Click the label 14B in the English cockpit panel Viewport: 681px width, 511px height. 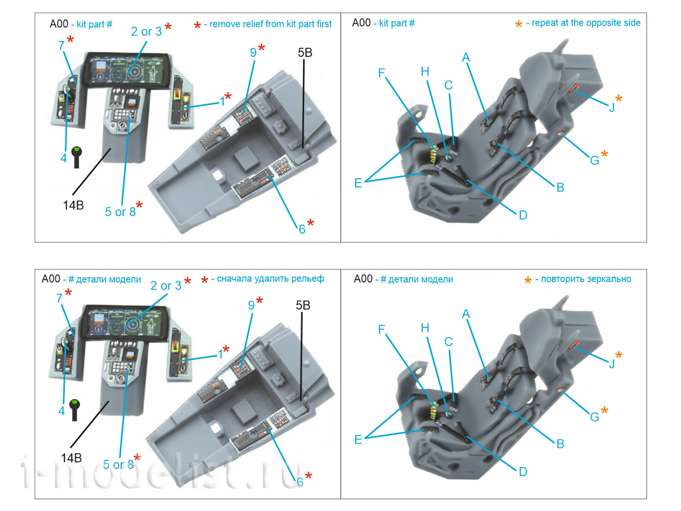[x=73, y=205]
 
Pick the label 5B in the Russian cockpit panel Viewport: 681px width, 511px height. [x=303, y=305]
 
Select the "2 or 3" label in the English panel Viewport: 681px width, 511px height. [x=146, y=32]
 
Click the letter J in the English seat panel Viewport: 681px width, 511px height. [x=612, y=107]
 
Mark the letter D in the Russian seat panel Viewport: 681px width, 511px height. [x=523, y=471]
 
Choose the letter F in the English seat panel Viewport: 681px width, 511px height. [x=381, y=73]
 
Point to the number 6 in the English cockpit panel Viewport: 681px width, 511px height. [x=302, y=229]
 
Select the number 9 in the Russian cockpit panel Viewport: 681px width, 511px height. [x=251, y=305]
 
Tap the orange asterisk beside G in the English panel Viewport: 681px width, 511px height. [x=604, y=154]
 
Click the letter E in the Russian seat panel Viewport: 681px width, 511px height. [x=358, y=439]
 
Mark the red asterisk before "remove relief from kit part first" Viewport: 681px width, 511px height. [x=197, y=26]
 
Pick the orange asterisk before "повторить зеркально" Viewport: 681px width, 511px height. [x=528, y=280]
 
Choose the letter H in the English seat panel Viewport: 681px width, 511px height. [x=425, y=72]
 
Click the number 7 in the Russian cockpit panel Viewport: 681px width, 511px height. [x=59, y=298]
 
